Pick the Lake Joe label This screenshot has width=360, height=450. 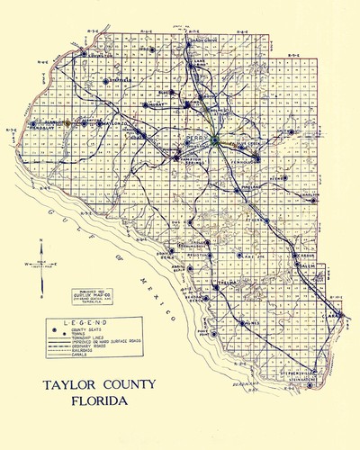pos(248,256)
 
